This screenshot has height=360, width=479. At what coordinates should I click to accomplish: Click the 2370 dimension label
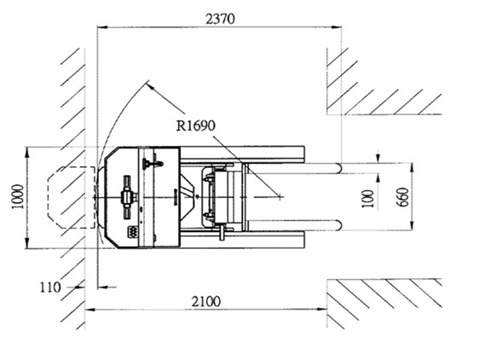(x=220, y=19)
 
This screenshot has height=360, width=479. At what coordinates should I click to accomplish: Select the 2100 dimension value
(x=206, y=302)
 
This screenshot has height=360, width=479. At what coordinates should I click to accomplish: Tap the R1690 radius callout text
(x=195, y=125)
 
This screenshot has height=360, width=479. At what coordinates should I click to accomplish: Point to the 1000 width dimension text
(x=18, y=197)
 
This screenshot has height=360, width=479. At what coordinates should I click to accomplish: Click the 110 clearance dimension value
(x=50, y=287)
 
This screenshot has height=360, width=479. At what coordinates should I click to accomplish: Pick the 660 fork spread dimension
(x=402, y=197)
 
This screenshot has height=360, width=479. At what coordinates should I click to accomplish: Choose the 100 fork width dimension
(x=368, y=199)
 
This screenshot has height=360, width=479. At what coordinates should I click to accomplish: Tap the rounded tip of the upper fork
(x=339, y=168)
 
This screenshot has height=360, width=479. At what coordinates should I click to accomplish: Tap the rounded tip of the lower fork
(x=339, y=225)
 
